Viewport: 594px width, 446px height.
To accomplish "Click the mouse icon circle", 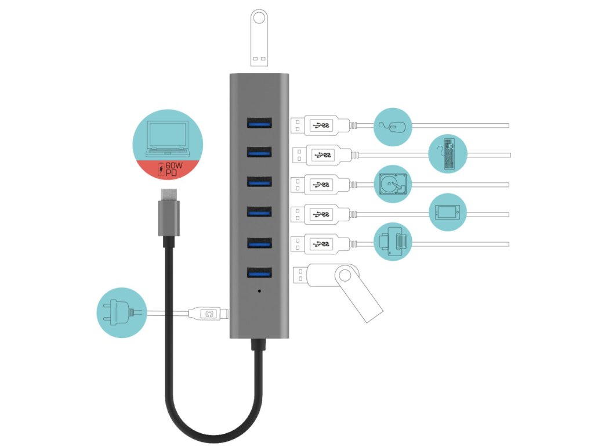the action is tap(393, 126).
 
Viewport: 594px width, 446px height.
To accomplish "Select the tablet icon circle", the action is tap(448, 213).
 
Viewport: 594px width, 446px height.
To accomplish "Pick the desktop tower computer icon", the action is tap(448, 154).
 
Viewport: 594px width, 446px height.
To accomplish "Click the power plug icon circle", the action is tap(121, 313).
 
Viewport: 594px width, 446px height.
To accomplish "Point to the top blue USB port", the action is tap(259, 123).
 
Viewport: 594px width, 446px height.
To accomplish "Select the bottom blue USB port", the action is tap(259, 272).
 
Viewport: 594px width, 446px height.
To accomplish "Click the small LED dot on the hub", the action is tap(259, 290).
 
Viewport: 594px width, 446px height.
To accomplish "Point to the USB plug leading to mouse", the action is tap(320, 124).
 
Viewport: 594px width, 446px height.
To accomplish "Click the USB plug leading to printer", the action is tap(320, 243).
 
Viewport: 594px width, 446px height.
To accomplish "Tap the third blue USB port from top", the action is tap(259, 183).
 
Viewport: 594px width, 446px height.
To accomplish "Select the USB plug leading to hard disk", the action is tap(320, 184).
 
